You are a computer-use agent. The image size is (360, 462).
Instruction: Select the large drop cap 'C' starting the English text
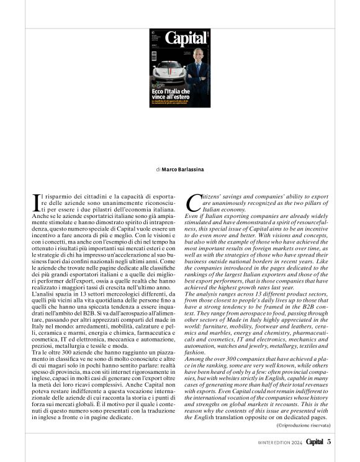point(193,200)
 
